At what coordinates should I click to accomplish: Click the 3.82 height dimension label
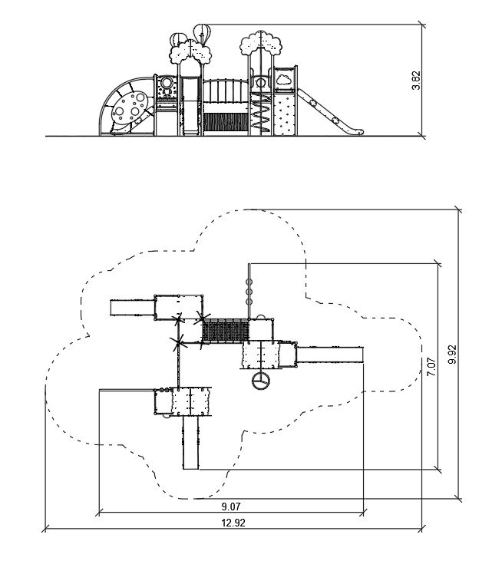click(416, 81)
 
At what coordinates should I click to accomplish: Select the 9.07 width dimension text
click(230, 506)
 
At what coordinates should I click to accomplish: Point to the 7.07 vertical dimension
click(431, 366)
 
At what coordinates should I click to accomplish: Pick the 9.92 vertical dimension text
click(453, 355)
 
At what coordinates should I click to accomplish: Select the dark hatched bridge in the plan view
click(225, 331)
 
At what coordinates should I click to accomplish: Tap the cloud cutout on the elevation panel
click(282, 78)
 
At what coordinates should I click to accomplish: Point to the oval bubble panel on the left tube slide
click(131, 107)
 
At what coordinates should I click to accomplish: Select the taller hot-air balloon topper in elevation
click(202, 34)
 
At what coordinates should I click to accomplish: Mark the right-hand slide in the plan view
click(329, 354)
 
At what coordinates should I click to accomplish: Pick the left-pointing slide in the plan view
click(131, 307)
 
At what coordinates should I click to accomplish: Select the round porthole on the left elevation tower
click(165, 83)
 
